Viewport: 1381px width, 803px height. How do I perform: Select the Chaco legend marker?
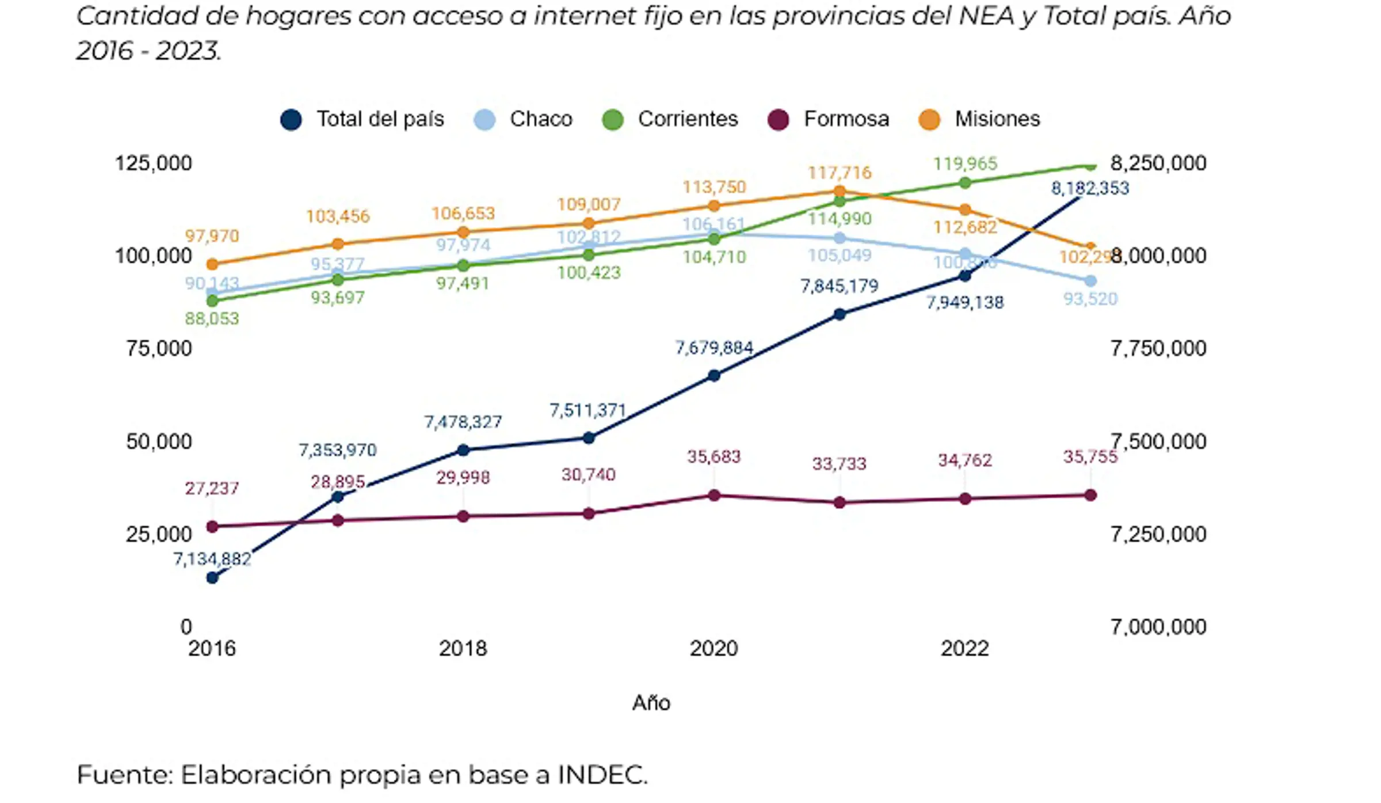485,120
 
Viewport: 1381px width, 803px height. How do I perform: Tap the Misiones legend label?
997,119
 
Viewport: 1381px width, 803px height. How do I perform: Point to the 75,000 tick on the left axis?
159,349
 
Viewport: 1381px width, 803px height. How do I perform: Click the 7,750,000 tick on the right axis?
1158,349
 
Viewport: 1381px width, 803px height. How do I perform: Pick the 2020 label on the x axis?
714,649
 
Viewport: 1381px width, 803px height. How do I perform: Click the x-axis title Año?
651,703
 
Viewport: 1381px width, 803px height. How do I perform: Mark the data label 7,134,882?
212,559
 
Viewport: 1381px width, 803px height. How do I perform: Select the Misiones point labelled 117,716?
839,191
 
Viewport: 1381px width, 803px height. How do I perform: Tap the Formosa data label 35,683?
714,457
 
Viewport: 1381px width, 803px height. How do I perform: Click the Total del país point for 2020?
714,376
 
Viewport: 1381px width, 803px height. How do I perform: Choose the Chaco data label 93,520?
1090,299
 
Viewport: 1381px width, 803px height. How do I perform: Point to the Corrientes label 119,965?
964,164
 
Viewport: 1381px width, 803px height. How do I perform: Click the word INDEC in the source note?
602,775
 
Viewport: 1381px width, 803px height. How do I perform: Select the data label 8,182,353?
1090,188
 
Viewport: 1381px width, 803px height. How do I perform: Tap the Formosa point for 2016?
212,527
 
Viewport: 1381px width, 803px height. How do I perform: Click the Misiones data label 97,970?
212,236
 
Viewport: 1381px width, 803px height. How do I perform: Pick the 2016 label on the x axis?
212,649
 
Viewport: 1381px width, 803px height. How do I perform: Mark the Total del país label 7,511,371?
588,410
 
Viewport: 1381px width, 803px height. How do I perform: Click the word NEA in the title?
986,16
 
